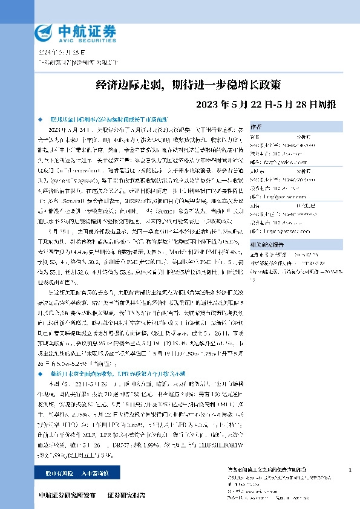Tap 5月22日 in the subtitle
click(245, 104)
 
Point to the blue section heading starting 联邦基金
click(111, 120)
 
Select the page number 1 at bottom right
click(351, 470)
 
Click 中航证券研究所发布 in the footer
click(67, 495)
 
